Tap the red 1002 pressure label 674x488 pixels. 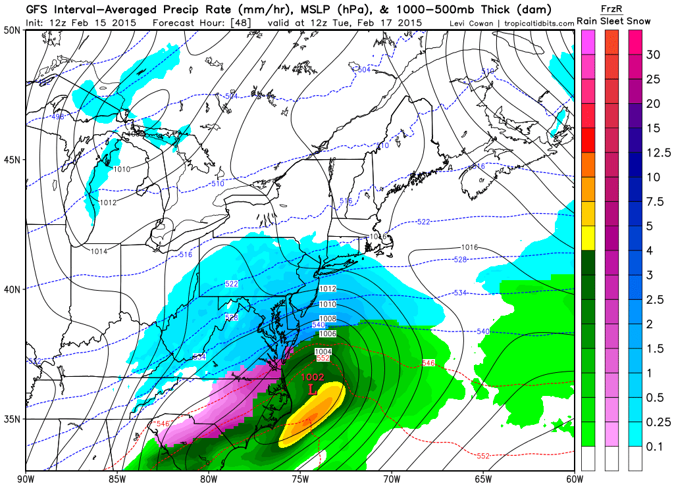pos(313,378)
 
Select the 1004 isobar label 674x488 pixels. pos(323,352)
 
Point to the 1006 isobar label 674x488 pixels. pos(328,334)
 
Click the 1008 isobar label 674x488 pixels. pos(328,319)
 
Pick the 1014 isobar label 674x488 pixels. pos(99,251)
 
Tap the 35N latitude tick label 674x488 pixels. pos(12,419)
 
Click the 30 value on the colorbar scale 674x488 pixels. pos(653,55)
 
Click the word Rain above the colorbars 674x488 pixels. pos(587,21)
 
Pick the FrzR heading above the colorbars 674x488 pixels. pos(611,8)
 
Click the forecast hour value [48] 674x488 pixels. pos(240,22)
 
